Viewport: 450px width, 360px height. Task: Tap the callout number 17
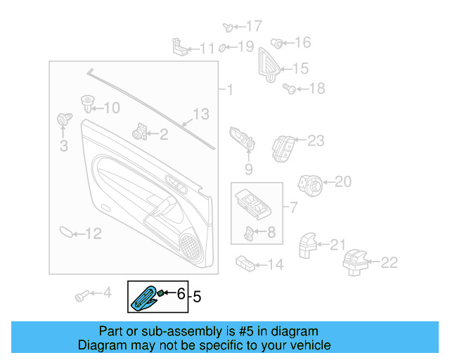pos(254,27)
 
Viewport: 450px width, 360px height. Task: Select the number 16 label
pos(302,43)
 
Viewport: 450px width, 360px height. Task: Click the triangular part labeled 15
pos(268,64)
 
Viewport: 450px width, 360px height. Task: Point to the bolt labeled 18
pos(288,89)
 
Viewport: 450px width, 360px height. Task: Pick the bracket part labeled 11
pos(180,47)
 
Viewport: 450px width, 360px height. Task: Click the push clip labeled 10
pos(88,104)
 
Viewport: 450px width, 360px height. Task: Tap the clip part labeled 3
pos(63,121)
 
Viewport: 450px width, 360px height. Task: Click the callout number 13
pos(202,113)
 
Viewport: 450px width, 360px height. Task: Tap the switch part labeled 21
pos(308,245)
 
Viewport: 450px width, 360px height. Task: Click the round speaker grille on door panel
pos(190,244)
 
